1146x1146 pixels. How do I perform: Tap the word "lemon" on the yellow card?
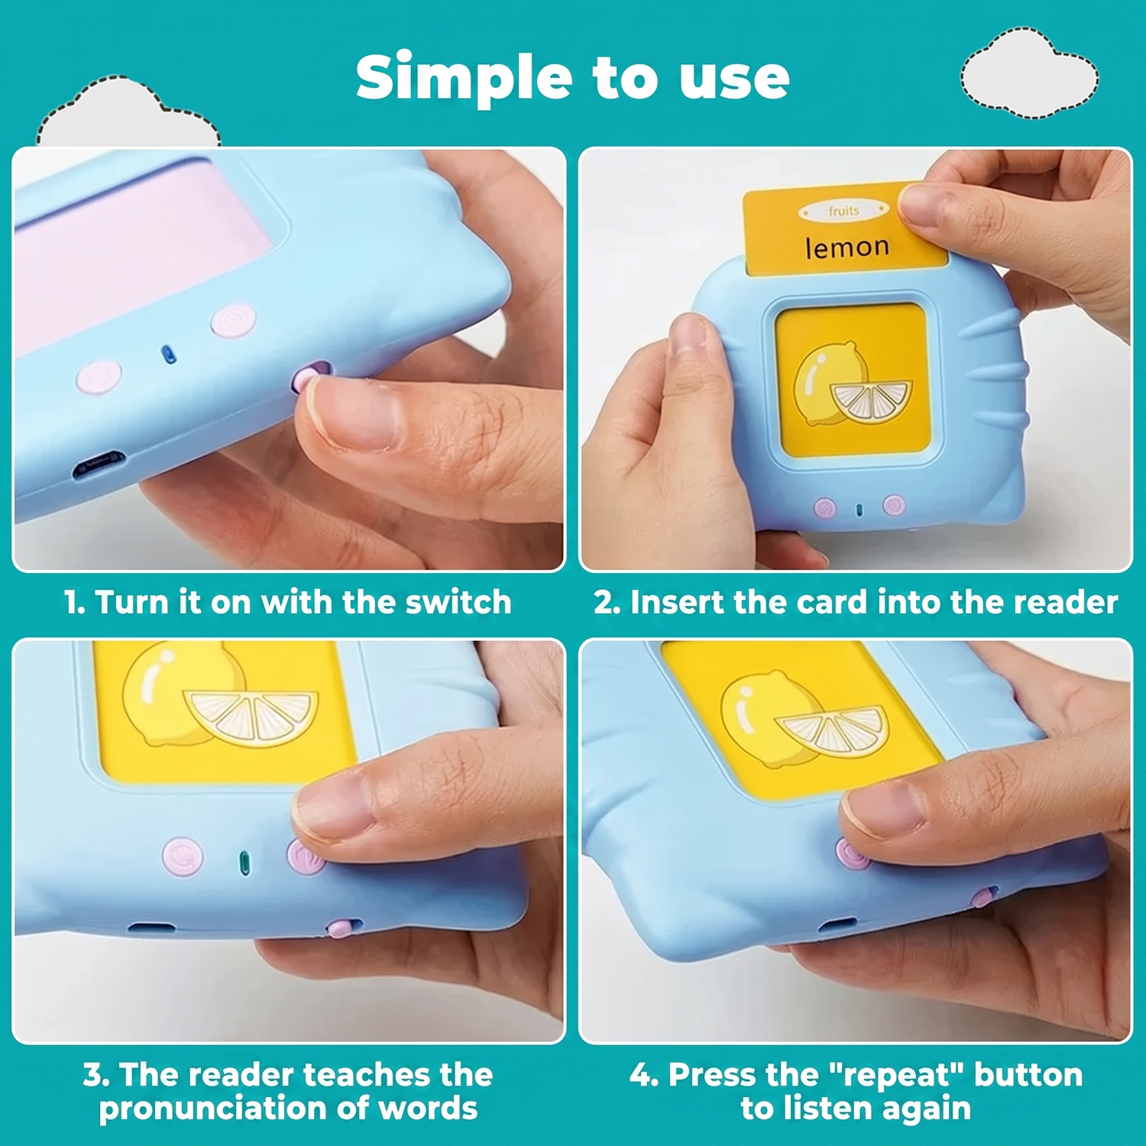click(x=847, y=247)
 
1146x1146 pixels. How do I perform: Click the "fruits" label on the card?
click(x=843, y=210)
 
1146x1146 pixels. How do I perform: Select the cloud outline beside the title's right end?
click(x=1029, y=73)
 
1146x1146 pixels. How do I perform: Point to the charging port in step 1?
click(x=99, y=465)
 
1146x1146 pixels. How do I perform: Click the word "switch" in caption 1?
click(x=458, y=602)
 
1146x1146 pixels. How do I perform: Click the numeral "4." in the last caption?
click(x=644, y=1075)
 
